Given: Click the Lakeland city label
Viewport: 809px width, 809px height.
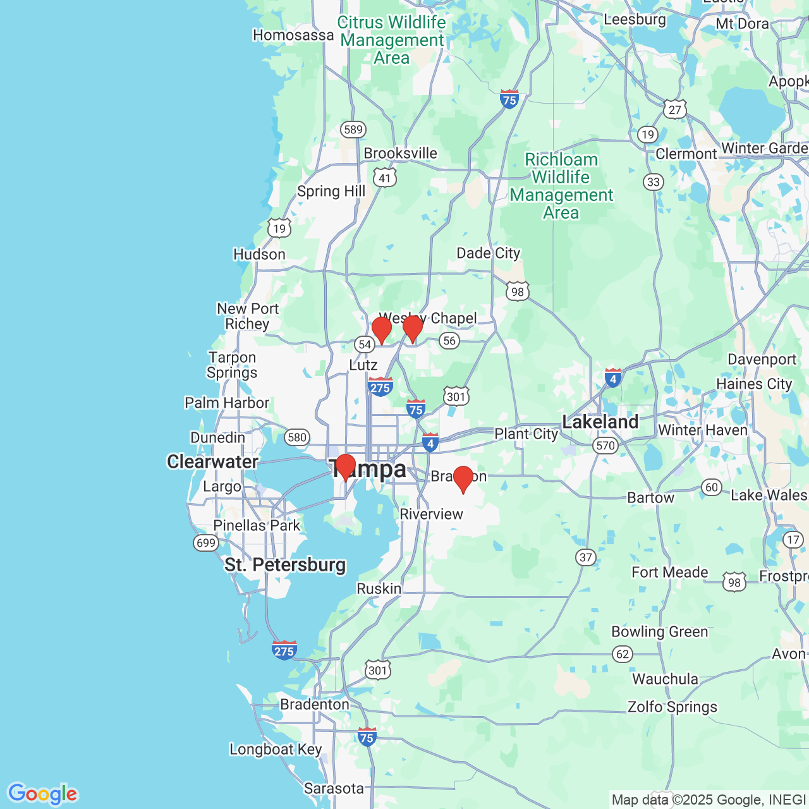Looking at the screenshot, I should [600, 422].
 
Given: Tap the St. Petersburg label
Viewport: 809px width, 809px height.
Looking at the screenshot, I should [285, 564].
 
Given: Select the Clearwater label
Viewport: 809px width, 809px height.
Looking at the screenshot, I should [212, 462].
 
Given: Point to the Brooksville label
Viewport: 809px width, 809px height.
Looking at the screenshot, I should [400, 154].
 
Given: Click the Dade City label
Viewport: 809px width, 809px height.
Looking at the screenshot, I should [488, 253].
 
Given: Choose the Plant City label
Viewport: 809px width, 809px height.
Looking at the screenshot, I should [526, 434].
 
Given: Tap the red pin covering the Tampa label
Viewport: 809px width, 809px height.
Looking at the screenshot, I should [345, 466].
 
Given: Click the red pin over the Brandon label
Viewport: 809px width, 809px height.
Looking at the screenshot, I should [463, 478].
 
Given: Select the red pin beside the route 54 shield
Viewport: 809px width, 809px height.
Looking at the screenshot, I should [382, 329].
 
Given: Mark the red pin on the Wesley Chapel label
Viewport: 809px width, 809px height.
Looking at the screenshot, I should [413, 328].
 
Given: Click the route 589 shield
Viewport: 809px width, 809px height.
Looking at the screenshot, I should [353, 130].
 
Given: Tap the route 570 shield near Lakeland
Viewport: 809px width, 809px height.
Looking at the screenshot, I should [605, 446].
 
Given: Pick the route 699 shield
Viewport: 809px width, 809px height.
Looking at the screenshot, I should [205, 543].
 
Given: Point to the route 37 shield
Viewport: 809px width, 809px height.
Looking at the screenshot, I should [586, 557].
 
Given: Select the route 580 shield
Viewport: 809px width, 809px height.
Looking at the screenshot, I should [296, 437].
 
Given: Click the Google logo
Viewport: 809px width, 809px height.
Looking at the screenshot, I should [42, 794].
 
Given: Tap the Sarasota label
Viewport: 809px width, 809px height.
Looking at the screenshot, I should [334, 788].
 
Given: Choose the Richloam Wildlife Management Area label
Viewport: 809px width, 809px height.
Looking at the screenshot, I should [561, 186].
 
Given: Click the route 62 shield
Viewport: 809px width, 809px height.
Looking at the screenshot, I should [623, 654].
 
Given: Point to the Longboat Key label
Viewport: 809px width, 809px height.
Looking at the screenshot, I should [276, 750].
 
